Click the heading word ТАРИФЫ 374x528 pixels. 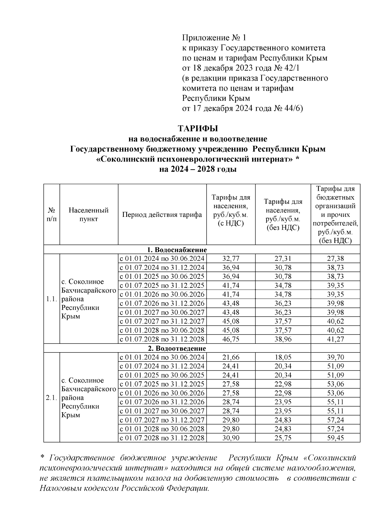coord(198,128)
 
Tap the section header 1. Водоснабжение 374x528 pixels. coord(177,250)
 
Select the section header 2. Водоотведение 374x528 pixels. coord(177,348)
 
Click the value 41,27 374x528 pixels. coord(335,339)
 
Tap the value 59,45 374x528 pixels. coord(335,438)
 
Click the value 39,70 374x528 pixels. coord(335,357)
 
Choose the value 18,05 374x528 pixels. coord(283,357)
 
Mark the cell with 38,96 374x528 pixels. coord(283,339)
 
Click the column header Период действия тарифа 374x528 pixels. coord(162,215)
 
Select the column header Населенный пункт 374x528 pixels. coord(89,215)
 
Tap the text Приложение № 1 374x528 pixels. coord(214,38)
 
